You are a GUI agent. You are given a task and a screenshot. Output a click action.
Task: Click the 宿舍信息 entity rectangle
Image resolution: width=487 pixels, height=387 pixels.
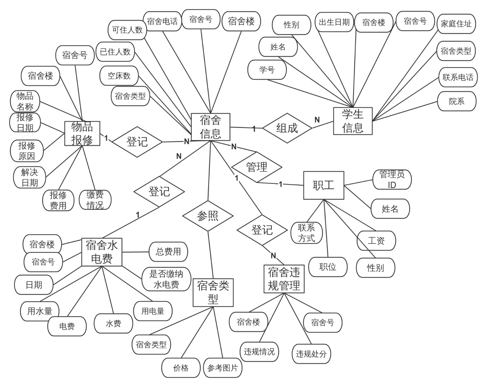210,127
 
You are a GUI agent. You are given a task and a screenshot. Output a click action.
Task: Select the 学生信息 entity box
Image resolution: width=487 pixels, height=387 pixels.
353,121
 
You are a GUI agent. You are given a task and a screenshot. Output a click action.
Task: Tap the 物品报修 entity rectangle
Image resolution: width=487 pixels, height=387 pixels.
82,134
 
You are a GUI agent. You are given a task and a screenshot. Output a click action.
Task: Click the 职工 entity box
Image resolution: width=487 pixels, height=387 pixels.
323,185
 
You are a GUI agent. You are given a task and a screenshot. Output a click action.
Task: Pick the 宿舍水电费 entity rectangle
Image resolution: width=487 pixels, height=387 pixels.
102,252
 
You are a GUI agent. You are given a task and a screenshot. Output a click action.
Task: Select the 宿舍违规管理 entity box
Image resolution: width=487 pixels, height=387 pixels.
284,279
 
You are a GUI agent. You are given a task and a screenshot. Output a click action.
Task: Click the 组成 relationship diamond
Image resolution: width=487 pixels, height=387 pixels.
287,128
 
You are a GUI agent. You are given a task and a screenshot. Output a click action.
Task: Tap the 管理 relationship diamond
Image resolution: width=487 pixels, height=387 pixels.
257,167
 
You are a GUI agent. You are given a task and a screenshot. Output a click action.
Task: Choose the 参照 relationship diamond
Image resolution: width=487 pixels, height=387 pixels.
208,216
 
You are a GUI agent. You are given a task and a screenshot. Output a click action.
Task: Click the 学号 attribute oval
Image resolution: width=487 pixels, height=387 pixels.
267,70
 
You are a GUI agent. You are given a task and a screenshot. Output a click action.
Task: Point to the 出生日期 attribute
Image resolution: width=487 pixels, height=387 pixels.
334,22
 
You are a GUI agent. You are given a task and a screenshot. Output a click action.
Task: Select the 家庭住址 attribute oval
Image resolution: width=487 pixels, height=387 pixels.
456,24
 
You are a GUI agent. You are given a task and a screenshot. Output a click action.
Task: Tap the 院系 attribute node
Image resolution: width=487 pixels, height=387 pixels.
457,101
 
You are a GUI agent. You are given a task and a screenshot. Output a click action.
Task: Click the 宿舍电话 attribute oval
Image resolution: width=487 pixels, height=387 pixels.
162,21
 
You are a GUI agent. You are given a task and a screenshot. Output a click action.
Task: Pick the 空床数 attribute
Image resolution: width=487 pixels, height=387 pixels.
119,76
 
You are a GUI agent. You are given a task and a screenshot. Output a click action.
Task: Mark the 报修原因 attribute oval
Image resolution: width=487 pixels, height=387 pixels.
27,151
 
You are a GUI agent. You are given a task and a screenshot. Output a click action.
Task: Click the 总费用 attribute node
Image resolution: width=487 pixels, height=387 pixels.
168,252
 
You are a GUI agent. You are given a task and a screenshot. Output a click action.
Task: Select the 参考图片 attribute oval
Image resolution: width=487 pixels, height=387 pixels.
223,368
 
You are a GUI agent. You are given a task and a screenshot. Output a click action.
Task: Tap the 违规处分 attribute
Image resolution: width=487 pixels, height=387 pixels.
311,354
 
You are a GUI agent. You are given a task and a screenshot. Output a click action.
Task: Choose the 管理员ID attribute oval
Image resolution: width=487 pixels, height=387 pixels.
392,180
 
